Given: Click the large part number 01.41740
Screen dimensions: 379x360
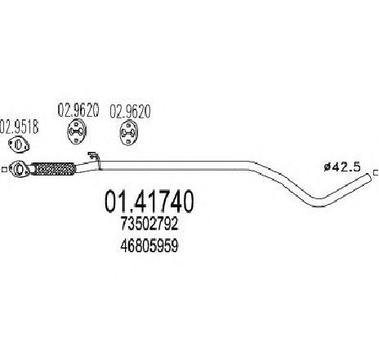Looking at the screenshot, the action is tap(149, 202).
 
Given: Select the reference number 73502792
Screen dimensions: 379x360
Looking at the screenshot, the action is tap(149, 224).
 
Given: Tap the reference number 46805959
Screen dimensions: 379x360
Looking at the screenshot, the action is tap(149, 246).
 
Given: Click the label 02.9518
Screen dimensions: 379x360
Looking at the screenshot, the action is tap(19, 127).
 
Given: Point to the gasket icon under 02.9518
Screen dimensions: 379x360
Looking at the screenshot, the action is tap(19, 145).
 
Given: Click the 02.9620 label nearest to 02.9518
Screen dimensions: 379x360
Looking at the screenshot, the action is tap(78, 110).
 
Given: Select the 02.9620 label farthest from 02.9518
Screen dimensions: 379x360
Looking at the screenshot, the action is tap(130, 111).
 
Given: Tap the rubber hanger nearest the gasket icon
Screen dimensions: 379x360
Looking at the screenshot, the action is tap(77, 131).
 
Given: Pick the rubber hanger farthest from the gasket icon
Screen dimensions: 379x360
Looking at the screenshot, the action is tap(129, 133).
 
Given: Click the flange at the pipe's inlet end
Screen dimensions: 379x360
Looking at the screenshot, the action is tap(19, 168).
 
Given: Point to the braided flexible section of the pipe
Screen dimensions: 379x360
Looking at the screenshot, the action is tap(53, 169).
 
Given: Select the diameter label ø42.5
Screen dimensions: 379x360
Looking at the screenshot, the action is tap(342, 167).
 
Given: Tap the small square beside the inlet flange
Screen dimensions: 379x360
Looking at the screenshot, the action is tap(4, 169).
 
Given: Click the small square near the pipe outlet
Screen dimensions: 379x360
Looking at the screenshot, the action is tap(377, 172).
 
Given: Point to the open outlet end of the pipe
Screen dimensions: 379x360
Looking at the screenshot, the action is tap(368, 178).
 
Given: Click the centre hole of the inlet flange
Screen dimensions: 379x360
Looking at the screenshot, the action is tap(19, 169).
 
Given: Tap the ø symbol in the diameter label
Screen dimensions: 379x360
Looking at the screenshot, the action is tap(327, 167).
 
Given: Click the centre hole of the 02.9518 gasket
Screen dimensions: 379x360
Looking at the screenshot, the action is tap(19, 144).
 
